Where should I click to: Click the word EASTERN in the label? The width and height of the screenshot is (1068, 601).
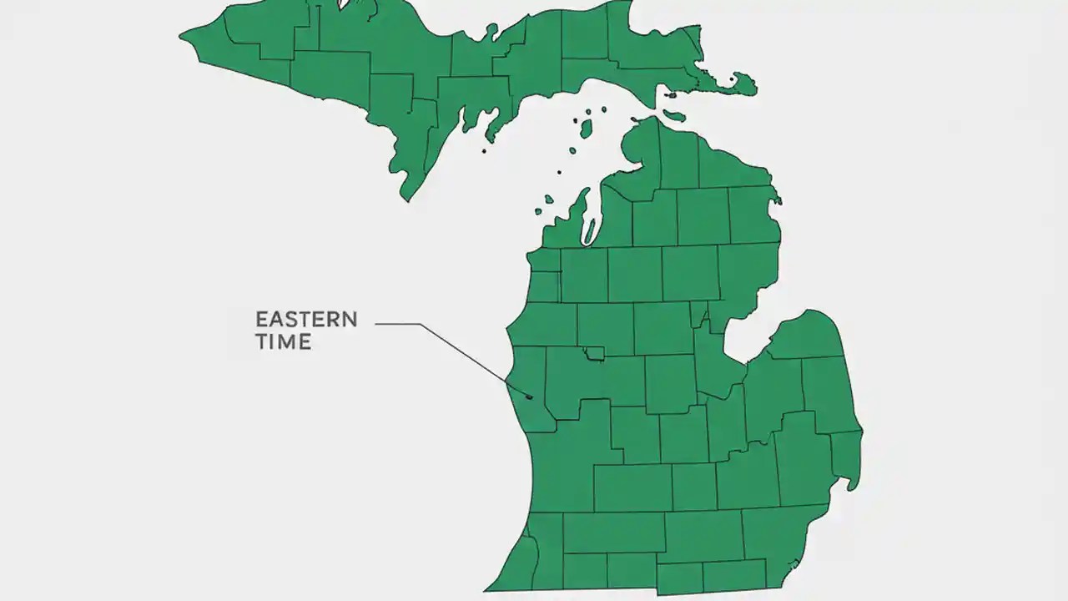point(306,320)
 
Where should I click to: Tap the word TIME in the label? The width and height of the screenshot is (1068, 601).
point(283,341)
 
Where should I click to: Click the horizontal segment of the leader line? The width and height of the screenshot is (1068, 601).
point(397,324)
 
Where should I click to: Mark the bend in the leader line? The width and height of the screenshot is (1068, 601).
point(420,324)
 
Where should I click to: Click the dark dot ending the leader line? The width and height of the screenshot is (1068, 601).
point(529,396)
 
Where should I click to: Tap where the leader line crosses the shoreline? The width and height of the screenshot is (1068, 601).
point(506,381)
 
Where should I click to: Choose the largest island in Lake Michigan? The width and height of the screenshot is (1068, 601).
point(587,129)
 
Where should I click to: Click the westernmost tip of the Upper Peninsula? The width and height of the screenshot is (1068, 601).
point(181,37)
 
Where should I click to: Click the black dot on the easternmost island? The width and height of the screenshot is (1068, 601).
point(732,79)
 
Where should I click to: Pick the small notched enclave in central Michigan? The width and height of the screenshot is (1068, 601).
point(594,354)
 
